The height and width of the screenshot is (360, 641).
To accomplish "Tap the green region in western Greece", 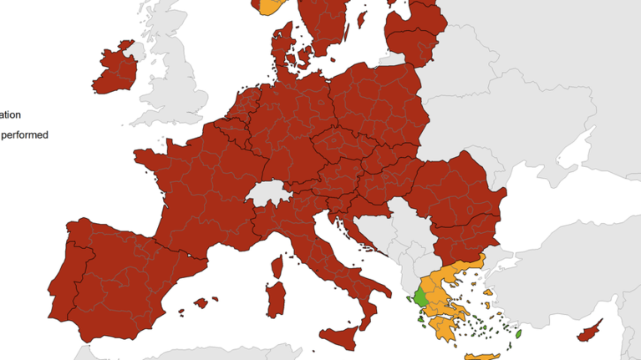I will [x=421, y=297].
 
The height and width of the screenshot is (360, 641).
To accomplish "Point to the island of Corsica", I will [x=277, y=266].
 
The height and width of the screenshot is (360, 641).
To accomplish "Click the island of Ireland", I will [x=115, y=68].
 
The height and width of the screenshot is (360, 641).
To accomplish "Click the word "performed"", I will [x=25, y=134].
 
